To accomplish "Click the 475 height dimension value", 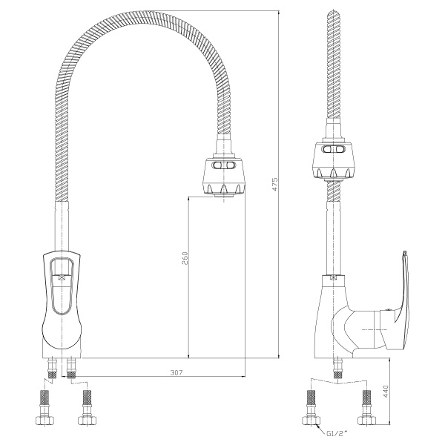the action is coord(274,184).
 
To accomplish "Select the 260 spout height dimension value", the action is coord(185,258).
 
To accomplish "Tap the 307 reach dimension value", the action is coord(177,372).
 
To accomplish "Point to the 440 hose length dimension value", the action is coord(386,391).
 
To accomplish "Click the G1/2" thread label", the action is coord(336,441).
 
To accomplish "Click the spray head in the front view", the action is coord(224,176).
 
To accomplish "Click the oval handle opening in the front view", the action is coord(62,286).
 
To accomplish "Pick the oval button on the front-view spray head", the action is coord(224,165).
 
